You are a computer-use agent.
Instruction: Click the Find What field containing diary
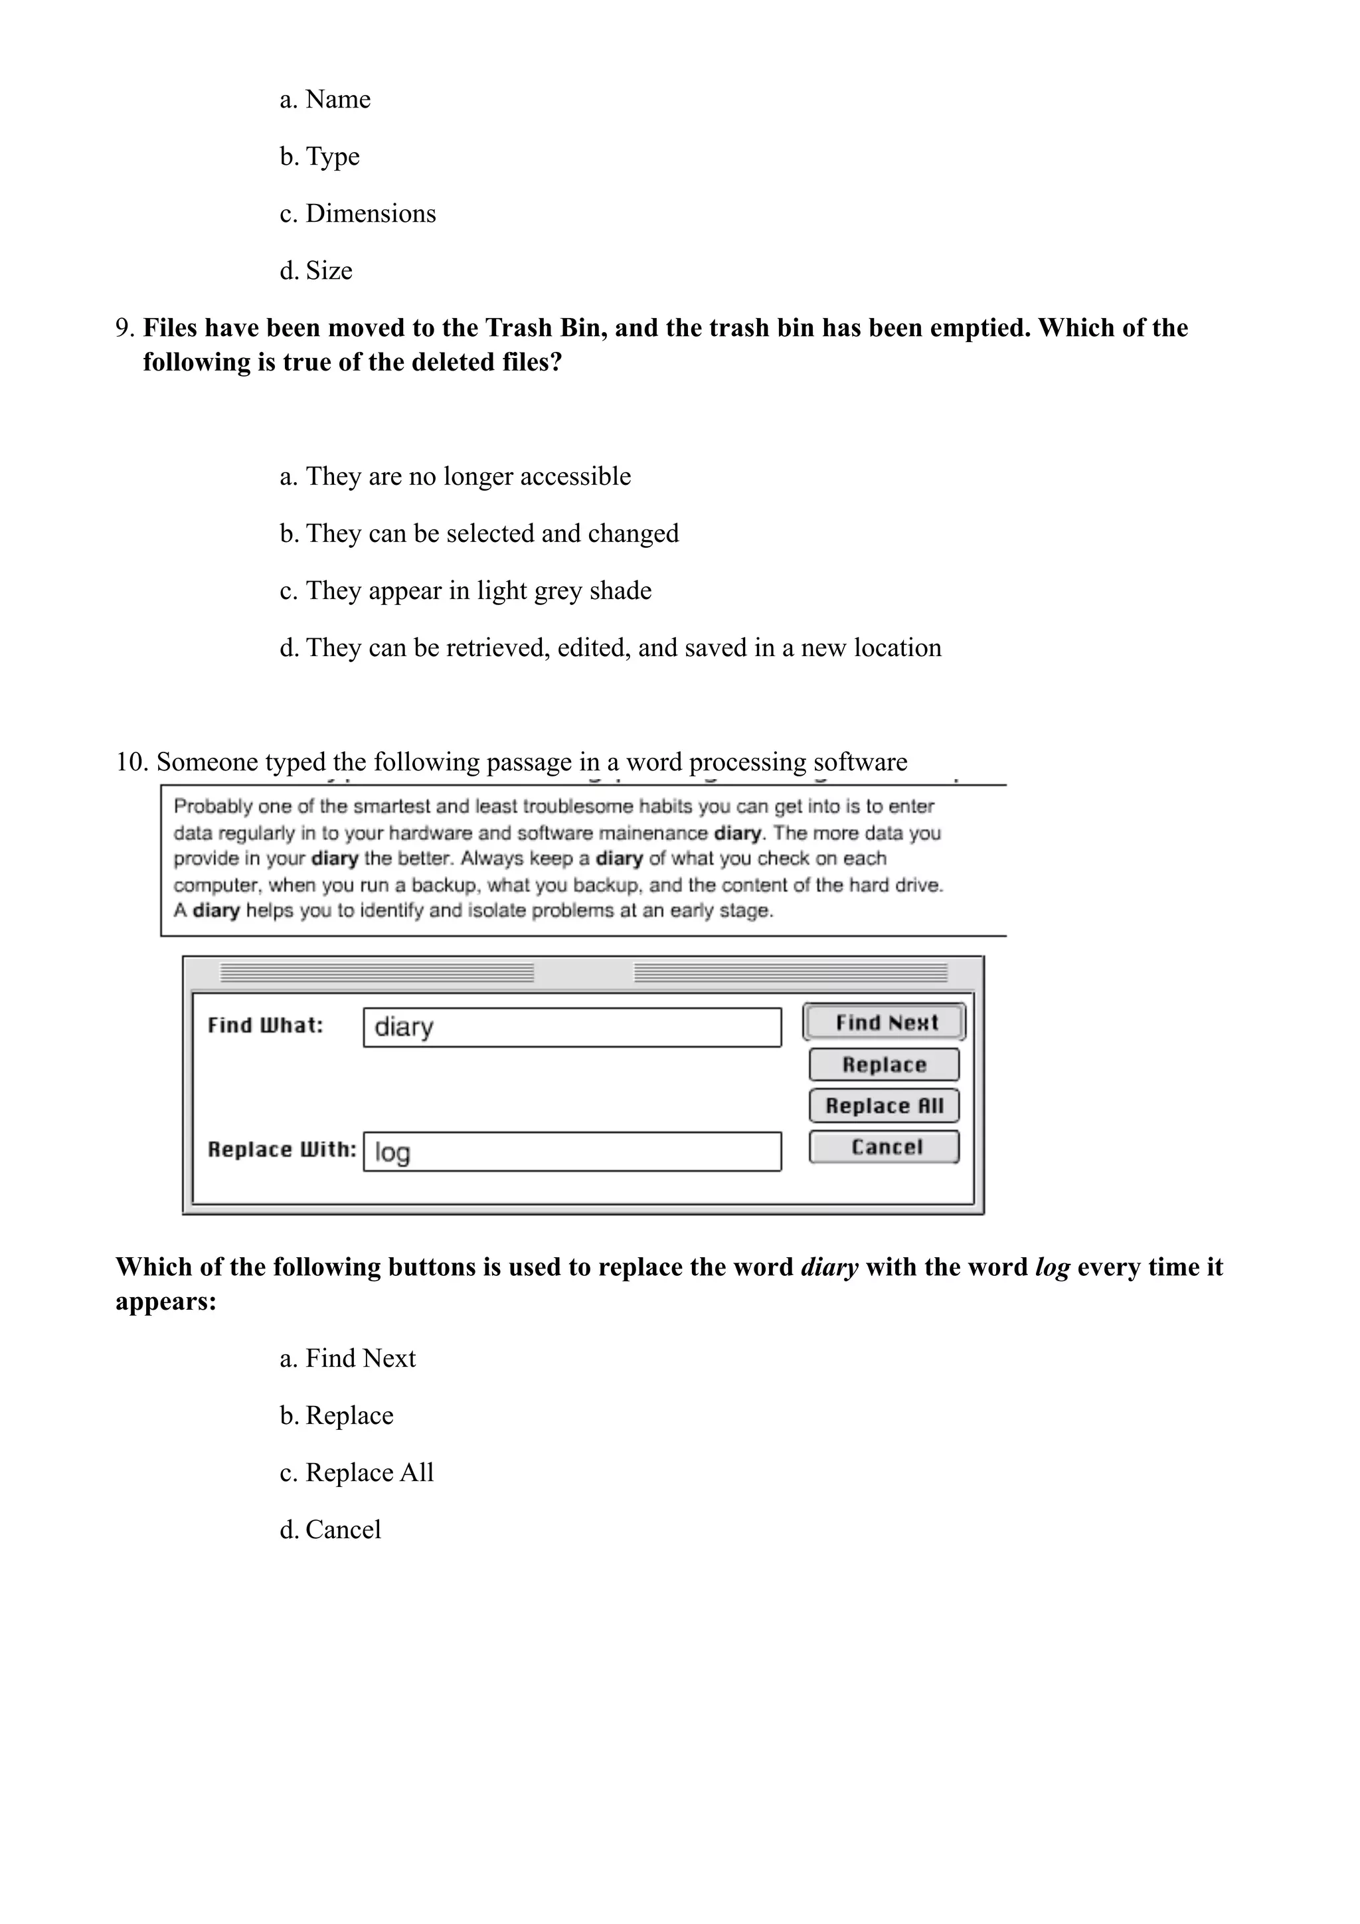pyautogui.click(x=572, y=1027)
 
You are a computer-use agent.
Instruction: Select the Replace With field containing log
pyautogui.click(x=572, y=1152)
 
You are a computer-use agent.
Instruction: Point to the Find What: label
pyautogui.click(x=265, y=1025)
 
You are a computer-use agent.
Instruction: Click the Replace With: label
pyautogui.click(x=282, y=1150)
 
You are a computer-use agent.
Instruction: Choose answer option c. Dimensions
pyautogui.click(x=358, y=214)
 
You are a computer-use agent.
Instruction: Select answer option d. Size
pyautogui.click(x=316, y=271)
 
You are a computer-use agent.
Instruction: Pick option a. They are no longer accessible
pyautogui.click(x=455, y=476)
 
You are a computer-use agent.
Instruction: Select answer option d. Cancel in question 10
pyautogui.click(x=330, y=1530)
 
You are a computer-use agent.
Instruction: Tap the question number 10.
pyautogui.click(x=131, y=762)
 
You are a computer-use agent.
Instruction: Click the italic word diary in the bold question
pyautogui.click(x=829, y=1267)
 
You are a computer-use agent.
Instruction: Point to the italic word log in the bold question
pyautogui.click(x=1053, y=1267)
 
